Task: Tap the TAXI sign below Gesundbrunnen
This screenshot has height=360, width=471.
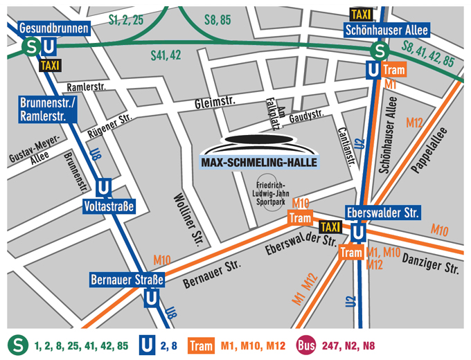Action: pyautogui.click(x=50, y=65)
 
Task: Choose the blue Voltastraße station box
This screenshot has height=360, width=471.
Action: pyautogui.click(x=107, y=206)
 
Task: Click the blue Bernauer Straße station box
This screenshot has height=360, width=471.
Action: pyautogui.click(x=127, y=280)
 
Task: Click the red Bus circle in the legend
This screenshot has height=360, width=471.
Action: pyautogui.click(x=307, y=345)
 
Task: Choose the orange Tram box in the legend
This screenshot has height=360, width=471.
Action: pyautogui.click(x=201, y=345)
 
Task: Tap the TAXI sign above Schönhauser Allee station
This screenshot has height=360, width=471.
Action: pyautogui.click(x=361, y=14)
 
